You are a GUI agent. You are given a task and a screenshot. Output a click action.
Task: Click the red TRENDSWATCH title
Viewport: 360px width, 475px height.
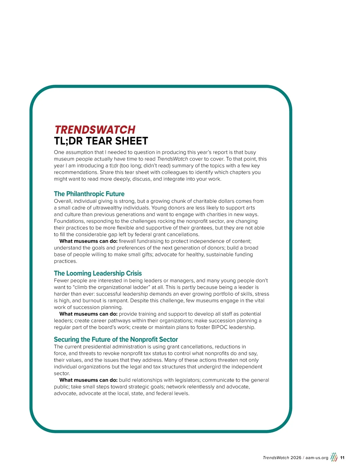pos(95,130)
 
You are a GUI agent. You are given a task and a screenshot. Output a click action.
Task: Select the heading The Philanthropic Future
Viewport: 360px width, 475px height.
pos(89,194)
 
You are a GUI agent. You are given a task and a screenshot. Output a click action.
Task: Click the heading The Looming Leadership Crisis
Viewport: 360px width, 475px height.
pos(98,273)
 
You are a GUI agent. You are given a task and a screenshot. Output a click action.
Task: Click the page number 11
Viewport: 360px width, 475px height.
pos(342,458)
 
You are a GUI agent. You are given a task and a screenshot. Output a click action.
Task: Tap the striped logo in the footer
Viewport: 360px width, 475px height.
pos(334,457)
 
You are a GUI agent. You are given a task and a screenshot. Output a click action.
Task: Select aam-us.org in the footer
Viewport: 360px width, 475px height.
pos(317,458)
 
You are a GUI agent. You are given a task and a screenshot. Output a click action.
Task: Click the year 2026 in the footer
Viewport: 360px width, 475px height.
pos(296,458)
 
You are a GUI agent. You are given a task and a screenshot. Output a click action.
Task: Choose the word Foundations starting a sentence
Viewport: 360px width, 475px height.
pos(69,221)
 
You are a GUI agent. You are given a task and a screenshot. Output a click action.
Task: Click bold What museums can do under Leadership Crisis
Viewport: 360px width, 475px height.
pos(88,314)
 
